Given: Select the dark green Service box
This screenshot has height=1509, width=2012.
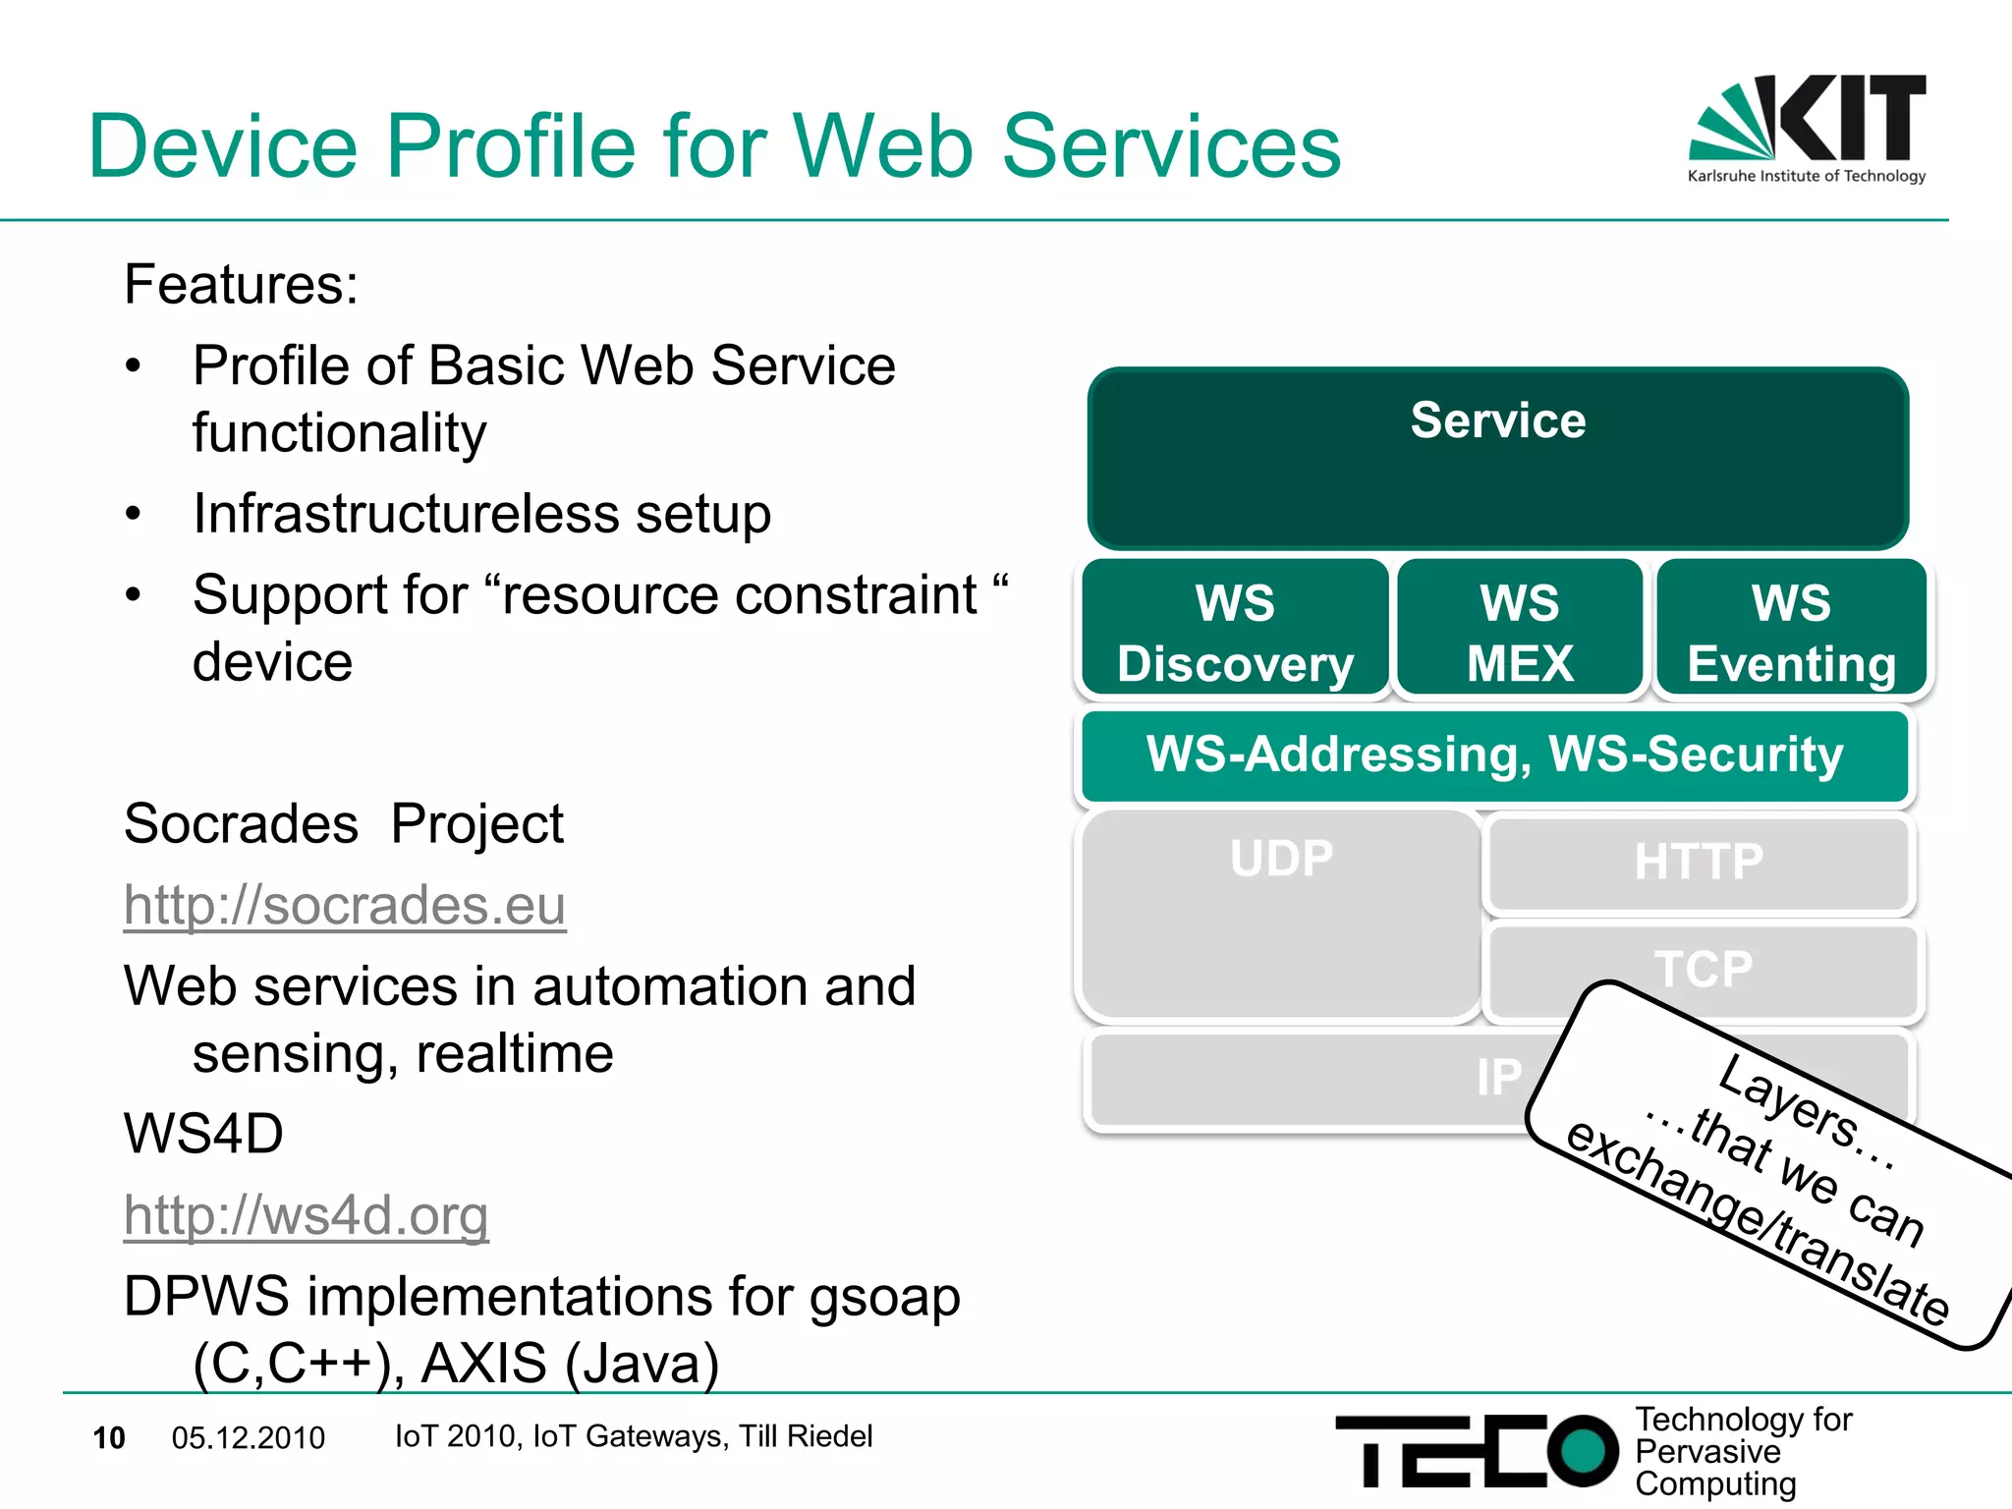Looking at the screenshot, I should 1497,458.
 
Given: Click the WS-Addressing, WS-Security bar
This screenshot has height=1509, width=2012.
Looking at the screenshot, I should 1494,754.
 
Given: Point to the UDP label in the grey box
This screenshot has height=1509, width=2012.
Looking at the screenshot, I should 1281,858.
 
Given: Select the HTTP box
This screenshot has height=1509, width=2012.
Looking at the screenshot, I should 1699,862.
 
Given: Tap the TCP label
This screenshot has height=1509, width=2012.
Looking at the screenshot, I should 1703,969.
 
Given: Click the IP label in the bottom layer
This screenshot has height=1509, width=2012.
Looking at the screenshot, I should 1498,1077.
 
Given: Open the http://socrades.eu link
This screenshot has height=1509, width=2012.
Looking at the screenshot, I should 345,905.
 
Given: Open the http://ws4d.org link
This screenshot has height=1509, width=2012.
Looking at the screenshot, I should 306,1215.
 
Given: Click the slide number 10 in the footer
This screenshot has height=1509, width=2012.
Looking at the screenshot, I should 109,1438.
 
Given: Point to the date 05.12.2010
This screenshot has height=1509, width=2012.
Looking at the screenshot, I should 248,1438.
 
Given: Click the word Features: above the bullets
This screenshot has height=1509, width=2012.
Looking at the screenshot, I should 241,285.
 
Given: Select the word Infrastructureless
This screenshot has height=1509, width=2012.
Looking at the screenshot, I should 405,513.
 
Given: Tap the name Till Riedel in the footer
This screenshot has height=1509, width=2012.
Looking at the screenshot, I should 806,1436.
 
